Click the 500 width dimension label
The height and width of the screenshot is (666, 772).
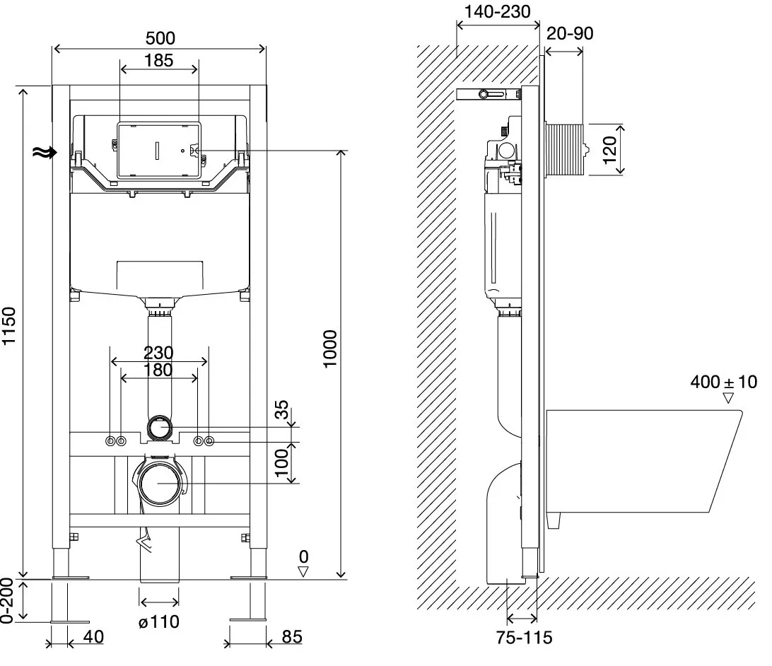(160, 38)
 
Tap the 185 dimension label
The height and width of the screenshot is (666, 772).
(158, 60)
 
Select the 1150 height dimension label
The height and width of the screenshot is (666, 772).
(9, 326)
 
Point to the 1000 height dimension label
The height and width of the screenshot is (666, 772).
(330, 349)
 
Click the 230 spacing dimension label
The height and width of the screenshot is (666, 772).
(158, 353)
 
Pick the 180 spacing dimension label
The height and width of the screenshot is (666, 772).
(158, 370)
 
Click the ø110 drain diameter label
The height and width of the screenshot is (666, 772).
(158, 621)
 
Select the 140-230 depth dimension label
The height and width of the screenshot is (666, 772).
(497, 11)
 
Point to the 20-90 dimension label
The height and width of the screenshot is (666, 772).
(570, 33)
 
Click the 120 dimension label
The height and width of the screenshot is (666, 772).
(609, 150)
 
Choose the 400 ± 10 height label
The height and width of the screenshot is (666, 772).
(723, 382)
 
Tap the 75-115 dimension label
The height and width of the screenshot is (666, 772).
(524, 638)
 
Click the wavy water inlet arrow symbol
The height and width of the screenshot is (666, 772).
(45, 152)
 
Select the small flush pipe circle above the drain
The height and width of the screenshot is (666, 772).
(160, 427)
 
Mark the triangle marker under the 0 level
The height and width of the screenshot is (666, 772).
(303, 571)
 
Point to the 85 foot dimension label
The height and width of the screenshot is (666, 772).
(291, 636)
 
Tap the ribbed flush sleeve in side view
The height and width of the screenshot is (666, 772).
(564, 150)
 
